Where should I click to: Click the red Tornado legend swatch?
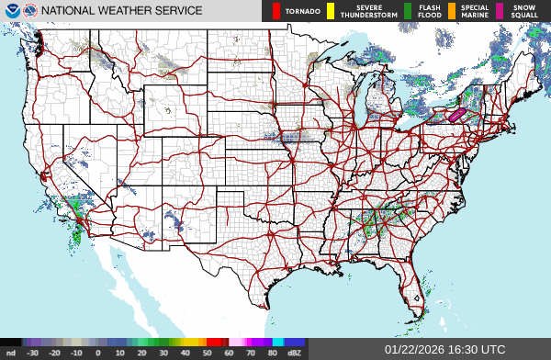pyautogui.click(x=277, y=12)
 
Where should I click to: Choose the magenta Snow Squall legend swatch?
pyautogui.click(x=500, y=12)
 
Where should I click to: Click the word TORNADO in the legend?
pyautogui.click(x=302, y=12)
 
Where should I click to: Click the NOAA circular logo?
pyautogui.click(x=10, y=11)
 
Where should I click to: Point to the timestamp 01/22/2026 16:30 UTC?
pyautogui.click(x=444, y=350)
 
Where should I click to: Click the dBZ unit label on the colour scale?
pyautogui.click(x=296, y=352)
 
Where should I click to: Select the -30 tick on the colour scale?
pyautogui.click(x=33, y=352)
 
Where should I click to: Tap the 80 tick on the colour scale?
pyautogui.click(x=274, y=352)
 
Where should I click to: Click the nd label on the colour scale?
pyautogui.click(x=11, y=352)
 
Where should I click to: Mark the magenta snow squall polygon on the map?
pyautogui.click(x=456, y=116)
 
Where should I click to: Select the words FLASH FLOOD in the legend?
pyautogui.click(x=428, y=12)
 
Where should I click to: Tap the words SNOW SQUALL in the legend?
pyautogui.click(x=524, y=12)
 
